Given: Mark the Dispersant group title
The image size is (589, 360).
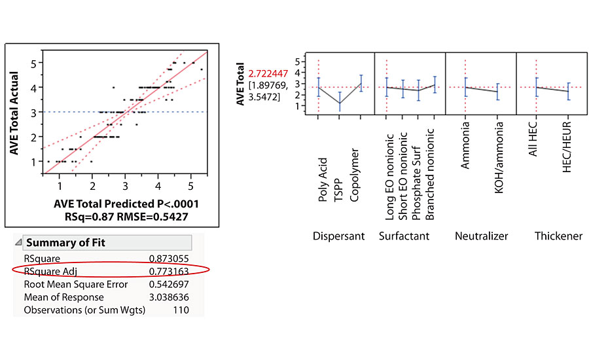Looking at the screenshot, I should (339, 236).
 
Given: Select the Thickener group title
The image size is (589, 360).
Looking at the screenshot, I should (559, 236).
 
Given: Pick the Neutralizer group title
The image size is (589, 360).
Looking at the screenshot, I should (482, 236).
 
